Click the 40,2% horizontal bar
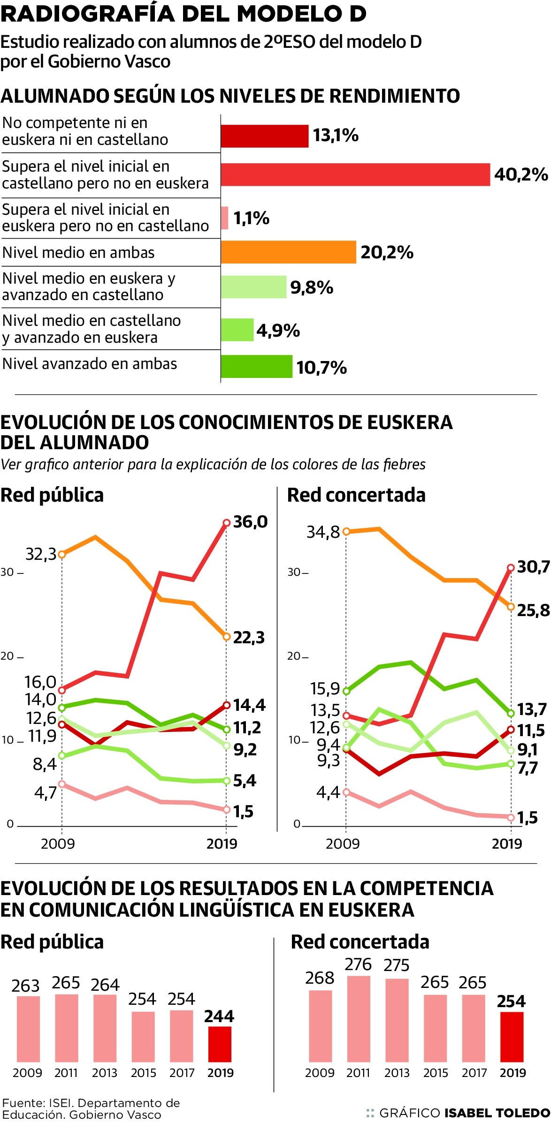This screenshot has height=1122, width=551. [x=355, y=174]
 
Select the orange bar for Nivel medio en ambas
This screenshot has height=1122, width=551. [x=288, y=252]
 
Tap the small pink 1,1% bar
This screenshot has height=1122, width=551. [x=225, y=218]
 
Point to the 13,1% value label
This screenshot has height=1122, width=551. [x=336, y=136]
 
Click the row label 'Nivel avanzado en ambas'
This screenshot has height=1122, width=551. [x=90, y=364]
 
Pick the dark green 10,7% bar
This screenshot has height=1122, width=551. [x=256, y=367]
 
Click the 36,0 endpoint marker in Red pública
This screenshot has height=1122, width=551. [x=226, y=523]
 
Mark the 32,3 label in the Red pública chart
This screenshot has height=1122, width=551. [x=40, y=554]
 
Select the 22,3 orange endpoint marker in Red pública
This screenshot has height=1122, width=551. [x=226, y=637]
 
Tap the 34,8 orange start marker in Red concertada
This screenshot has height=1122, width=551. [x=346, y=532]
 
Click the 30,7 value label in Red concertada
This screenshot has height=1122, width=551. [x=533, y=567]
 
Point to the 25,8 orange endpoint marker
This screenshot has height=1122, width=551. [x=511, y=607]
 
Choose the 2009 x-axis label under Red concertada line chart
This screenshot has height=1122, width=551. [x=343, y=843]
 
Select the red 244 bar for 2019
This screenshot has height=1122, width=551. [x=220, y=1044]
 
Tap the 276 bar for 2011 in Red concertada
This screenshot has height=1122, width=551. [x=359, y=1019]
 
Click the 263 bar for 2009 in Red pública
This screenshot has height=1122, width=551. [x=29, y=1029]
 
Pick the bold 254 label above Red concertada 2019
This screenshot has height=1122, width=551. [x=511, y=1001]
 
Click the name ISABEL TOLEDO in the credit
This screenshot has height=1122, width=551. [x=497, y=1113]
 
